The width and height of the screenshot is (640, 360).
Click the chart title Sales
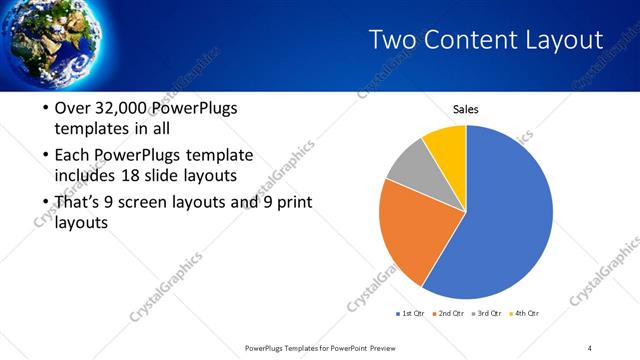click(x=467, y=109)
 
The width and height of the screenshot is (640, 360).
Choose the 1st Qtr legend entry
click(x=411, y=314)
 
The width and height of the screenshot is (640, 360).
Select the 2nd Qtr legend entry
click(x=449, y=314)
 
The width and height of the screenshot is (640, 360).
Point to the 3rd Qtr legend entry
click(x=487, y=314)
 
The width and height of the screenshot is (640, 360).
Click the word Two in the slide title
click(x=393, y=40)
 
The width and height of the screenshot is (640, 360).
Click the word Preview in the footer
click(x=388, y=348)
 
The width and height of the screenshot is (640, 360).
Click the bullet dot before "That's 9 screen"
click(x=45, y=204)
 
